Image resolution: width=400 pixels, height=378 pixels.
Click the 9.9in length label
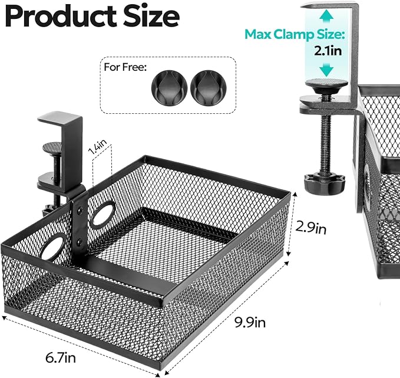(x=250, y=323)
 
